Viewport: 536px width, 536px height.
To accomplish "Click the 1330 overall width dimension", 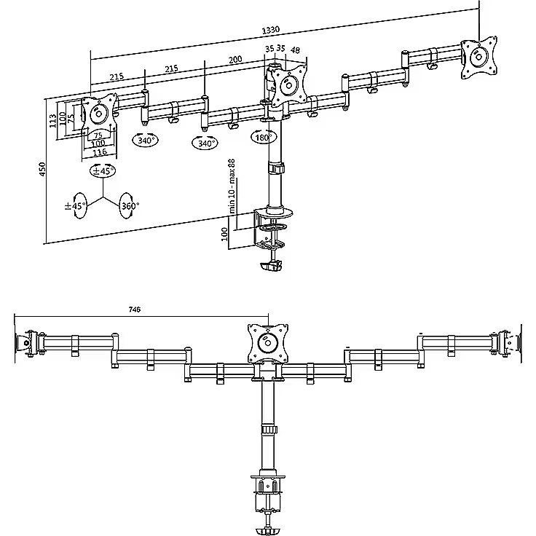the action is (271, 30).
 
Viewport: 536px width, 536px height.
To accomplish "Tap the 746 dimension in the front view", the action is (134, 310).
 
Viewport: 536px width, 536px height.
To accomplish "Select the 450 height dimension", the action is (42, 169).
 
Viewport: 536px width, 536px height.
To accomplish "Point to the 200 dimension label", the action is (235, 60).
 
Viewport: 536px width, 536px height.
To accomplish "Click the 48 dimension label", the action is (295, 50).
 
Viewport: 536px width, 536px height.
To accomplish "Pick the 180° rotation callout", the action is (264, 137).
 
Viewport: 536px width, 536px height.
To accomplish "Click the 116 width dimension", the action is (100, 151).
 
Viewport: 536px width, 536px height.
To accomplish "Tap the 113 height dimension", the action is (52, 121).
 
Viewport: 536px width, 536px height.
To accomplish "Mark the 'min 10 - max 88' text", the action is (232, 186).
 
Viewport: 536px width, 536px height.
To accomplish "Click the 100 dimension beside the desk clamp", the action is (224, 234).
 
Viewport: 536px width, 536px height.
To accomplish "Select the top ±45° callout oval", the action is (103, 170).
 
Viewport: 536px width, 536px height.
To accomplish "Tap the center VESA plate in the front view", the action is (268, 343).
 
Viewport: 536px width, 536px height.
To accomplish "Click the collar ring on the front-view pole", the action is (269, 430).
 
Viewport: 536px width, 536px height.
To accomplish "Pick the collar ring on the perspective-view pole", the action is (275, 168).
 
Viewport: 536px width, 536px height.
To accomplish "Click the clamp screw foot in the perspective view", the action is (272, 266).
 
